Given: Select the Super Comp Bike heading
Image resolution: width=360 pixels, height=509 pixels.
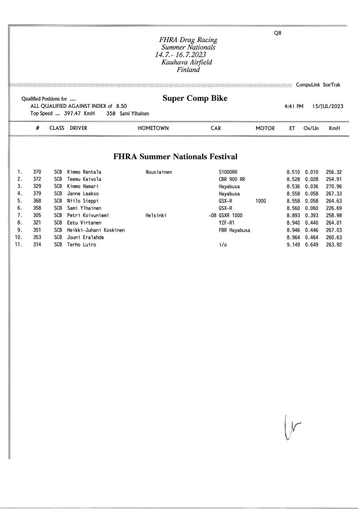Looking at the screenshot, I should tap(195, 98).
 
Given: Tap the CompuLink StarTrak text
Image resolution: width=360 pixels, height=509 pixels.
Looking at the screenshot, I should tap(318, 85).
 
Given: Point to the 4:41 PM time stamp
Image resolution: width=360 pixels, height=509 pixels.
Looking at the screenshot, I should tap(294, 106).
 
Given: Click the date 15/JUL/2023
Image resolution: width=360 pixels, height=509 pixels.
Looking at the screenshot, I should tap(327, 106).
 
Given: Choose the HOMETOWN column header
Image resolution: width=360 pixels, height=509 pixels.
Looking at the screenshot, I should tap(153, 128).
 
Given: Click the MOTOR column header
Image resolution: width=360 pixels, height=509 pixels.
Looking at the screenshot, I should tap(265, 128).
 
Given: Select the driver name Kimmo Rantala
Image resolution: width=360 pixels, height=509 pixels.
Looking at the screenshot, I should tap(84, 172).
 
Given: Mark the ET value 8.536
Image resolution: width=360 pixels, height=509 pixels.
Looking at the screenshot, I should tap(293, 186).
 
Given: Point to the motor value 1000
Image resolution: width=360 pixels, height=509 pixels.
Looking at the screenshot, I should tap(261, 201).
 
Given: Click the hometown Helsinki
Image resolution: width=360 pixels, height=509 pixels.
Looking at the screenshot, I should tap(156, 215).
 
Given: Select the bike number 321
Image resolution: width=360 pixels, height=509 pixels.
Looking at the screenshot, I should tap(37, 222).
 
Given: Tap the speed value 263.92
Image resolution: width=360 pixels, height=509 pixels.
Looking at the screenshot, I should tap(334, 244).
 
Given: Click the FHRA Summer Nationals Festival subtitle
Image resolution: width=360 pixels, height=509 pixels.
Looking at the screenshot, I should tap(175, 157).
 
